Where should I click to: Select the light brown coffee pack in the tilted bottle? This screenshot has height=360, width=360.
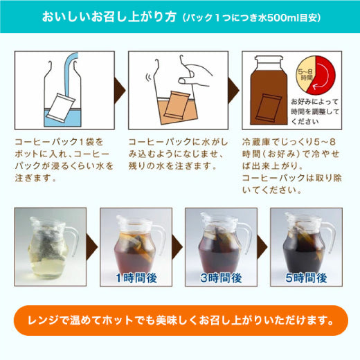tap(177, 105)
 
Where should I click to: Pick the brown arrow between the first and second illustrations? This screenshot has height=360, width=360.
tap(120, 91)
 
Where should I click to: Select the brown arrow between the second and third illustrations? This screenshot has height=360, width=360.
tap(233, 91)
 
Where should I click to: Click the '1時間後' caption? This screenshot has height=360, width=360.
tap(136, 278)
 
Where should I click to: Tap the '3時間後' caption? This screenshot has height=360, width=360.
tap(221, 278)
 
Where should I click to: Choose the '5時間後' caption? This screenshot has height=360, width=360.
tap(306, 278)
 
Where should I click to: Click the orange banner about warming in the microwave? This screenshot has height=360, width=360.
tap(181, 321)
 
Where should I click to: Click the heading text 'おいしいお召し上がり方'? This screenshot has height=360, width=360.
tap(109, 17)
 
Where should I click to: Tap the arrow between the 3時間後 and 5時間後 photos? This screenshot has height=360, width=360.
tap(262, 246)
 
